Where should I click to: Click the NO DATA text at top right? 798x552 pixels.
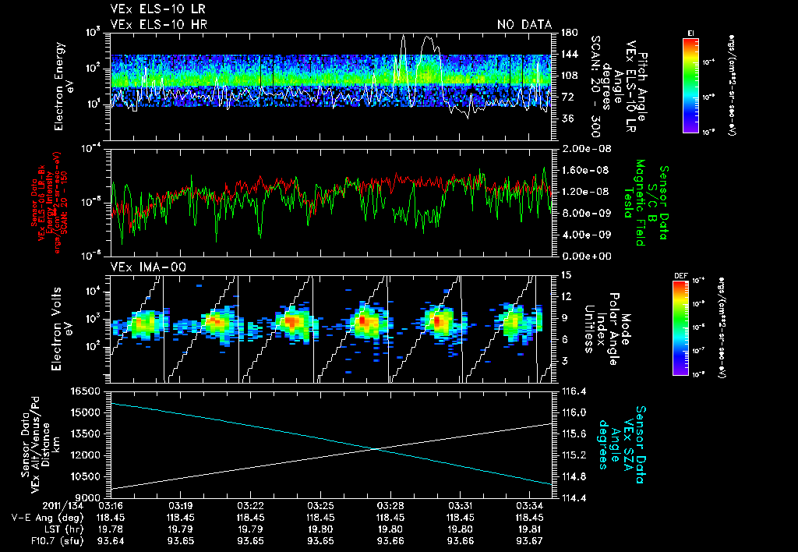pyautogui.click(x=524, y=25)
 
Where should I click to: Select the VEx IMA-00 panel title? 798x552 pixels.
pyautogui.click(x=143, y=267)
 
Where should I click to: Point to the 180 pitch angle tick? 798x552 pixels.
pyautogui.click(x=567, y=33)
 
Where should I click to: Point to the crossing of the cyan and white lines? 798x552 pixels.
pyautogui.click(x=376, y=448)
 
